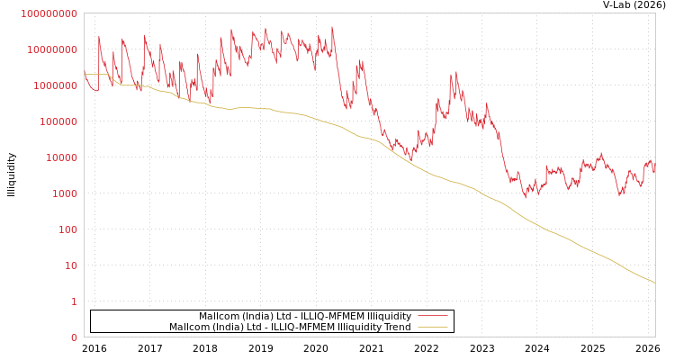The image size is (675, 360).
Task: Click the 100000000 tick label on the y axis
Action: (x=49, y=13)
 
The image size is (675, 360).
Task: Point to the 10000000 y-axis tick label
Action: (x=52, y=49)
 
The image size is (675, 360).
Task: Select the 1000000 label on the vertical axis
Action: (x=56, y=85)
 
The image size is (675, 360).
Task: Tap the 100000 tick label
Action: (x=59, y=121)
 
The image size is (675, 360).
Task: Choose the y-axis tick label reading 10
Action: (x=71, y=265)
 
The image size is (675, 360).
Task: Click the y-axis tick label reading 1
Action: (x=75, y=301)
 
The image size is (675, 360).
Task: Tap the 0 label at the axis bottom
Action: (x=75, y=337)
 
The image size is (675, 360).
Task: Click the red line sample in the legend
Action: (x=433, y=317)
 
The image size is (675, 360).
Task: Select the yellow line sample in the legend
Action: (x=433, y=328)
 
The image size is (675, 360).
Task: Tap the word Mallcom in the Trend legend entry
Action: (x=188, y=328)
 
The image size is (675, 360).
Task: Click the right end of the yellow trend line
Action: (x=654, y=283)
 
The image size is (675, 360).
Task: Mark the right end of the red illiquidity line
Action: (x=654, y=170)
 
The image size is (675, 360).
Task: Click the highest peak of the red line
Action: (x=332, y=28)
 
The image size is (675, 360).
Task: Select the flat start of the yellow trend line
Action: (x=94, y=75)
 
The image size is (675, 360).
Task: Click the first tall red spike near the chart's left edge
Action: (x=99, y=38)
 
